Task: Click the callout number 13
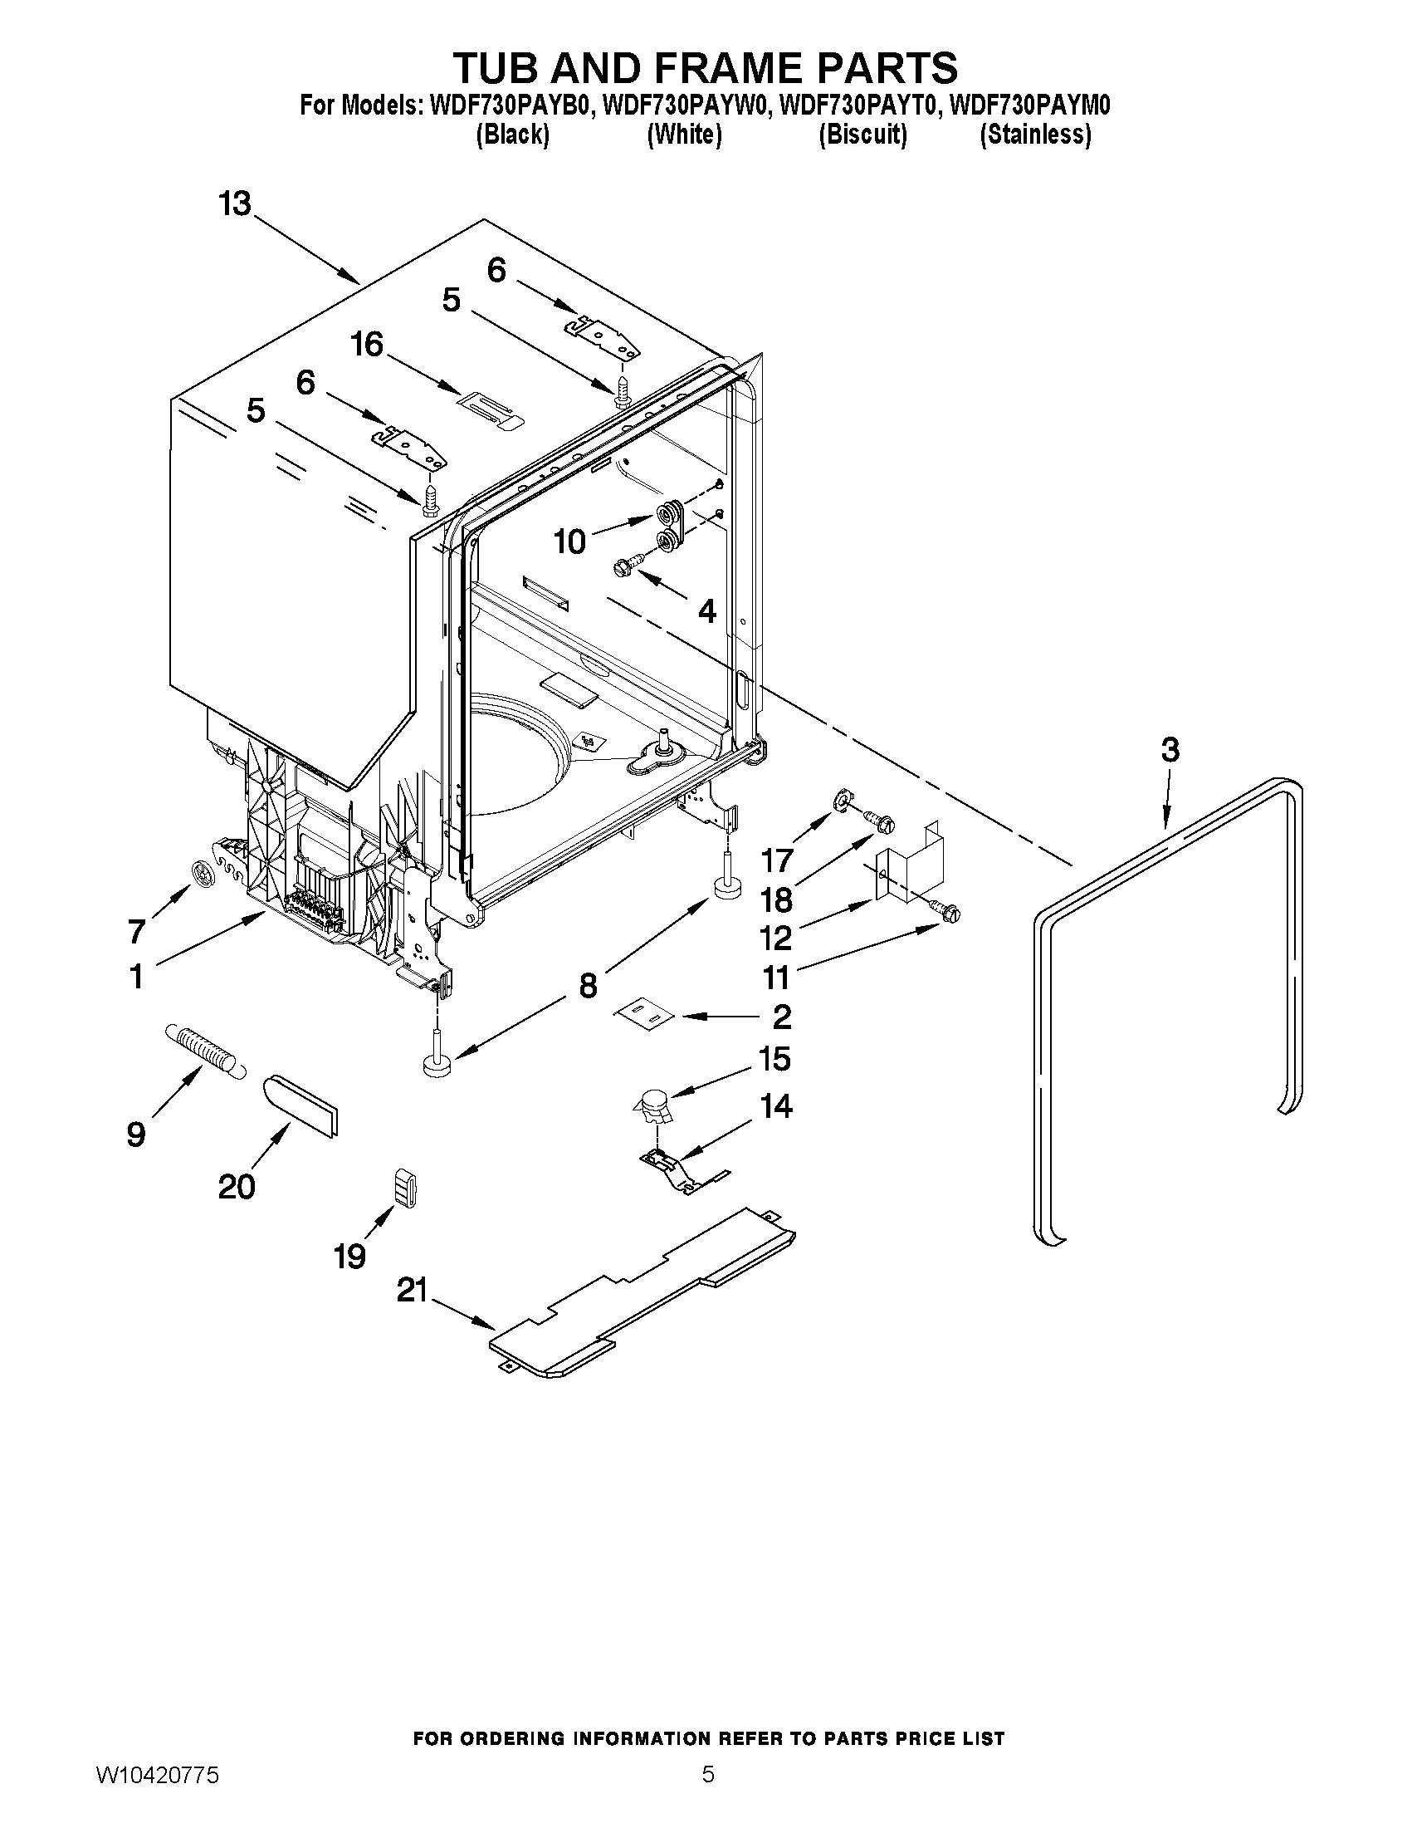(235, 203)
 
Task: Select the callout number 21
(412, 1291)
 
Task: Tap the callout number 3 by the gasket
(1170, 750)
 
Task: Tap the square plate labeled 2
(645, 1013)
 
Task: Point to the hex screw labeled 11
(948, 914)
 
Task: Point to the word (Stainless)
(1035, 135)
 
